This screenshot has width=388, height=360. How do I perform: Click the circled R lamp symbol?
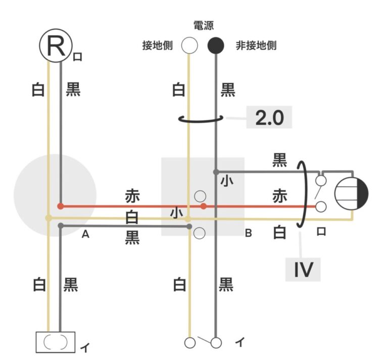(x=54, y=46)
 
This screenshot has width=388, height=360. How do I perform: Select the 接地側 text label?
(x=158, y=46)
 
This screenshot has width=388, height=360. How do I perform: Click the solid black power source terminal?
(x=216, y=46)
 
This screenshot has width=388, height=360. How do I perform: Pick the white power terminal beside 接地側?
(x=189, y=46)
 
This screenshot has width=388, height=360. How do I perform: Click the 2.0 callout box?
(x=270, y=118)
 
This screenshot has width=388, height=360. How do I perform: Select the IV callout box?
(x=304, y=270)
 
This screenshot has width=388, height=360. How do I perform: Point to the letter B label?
(x=248, y=233)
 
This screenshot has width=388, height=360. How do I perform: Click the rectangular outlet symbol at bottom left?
(x=55, y=342)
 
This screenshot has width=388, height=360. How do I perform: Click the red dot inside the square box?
(x=204, y=206)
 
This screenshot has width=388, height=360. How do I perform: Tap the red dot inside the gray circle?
(x=61, y=206)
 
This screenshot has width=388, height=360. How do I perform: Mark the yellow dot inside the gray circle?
(x=48, y=218)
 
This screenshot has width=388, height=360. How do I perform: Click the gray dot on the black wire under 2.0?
(x=216, y=172)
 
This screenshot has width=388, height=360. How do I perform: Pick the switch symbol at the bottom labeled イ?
(x=203, y=342)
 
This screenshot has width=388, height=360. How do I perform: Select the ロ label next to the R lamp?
(x=77, y=57)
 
